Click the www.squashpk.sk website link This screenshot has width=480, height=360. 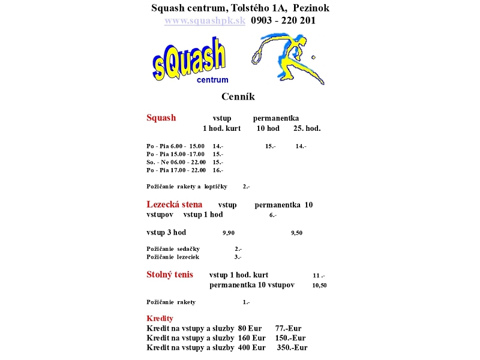(205, 20)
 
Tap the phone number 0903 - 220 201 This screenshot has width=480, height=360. (283, 20)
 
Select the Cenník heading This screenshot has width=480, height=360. (238, 97)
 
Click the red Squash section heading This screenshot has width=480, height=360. (161, 118)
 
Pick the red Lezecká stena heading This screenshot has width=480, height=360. (175, 205)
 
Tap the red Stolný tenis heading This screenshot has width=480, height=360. (170, 275)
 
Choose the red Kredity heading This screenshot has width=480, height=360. (160, 319)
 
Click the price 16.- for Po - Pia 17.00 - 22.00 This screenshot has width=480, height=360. (218, 170)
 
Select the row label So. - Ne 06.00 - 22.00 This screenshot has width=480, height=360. (176, 162)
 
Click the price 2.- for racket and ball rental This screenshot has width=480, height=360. (246, 187)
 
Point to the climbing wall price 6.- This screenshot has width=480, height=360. (272, 215)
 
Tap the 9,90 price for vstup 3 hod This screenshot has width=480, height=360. (229, 233)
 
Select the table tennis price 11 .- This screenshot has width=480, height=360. (319, 276)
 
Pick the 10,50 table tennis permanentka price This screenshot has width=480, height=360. (319, 286)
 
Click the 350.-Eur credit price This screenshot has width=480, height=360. (292, 347)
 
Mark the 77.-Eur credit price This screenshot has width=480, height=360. (288, 328)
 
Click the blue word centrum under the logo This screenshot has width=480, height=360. (212, 80)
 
